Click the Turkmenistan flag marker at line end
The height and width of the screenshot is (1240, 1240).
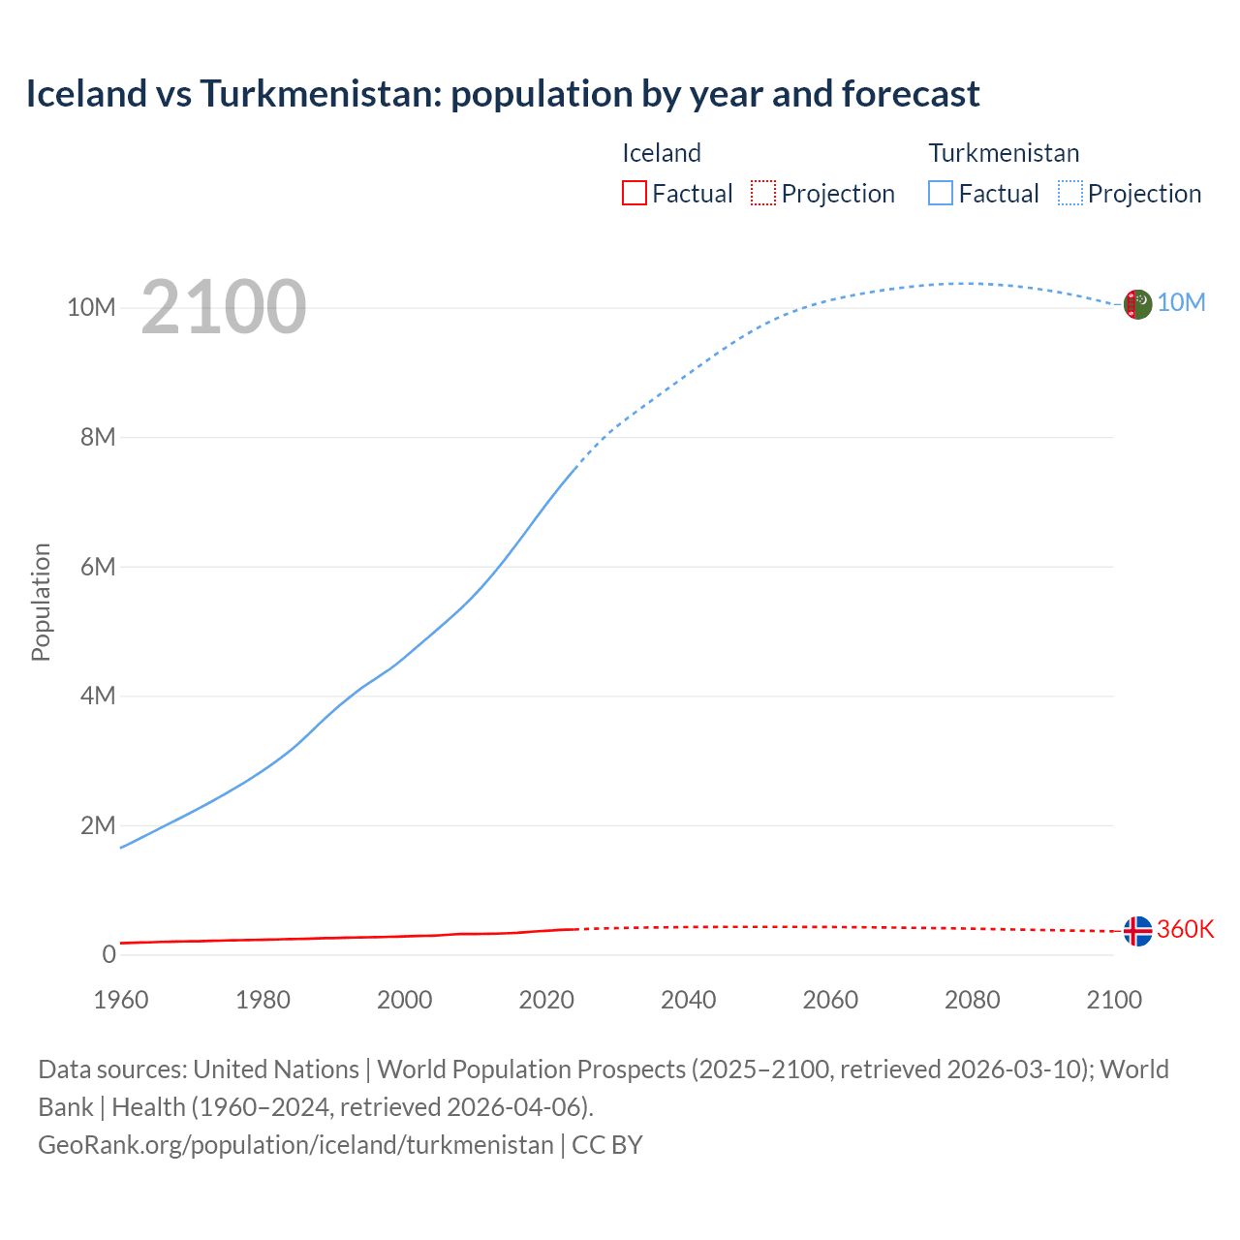pyautogui.click(x=1137, y=304)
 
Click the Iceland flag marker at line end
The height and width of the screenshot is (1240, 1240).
pyautogui.click(x=1137, y=931)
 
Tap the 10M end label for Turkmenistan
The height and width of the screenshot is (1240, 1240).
pyautogui.click(x=1181, y=303)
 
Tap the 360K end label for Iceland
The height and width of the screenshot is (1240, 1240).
pyautogui.click(x=1185, y=930)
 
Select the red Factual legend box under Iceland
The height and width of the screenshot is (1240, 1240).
pyautogui.click(x=634, y=194)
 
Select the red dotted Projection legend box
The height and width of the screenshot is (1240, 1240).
pyautogui.click(x=763, y=194)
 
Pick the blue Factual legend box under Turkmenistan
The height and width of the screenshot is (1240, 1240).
pyautogui.click(x=941, y=194)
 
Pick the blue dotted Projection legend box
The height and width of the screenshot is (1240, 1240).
pyautogui.click(x=1070, y=194)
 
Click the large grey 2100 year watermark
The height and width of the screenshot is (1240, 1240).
pyautogui.click(x=223, y=308)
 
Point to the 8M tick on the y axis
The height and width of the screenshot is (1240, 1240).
pyautogui.click(x=98, y=437)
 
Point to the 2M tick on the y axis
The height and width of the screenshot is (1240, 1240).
pyautogui.click(x=98, y=825)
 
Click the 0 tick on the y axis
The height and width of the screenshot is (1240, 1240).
pyautogui.click(x=108, y=955)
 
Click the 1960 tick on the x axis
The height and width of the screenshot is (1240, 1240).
pyautogui.click(x=121, y=1000)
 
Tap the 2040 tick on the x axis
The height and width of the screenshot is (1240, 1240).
pyautogui.click(x=688, y=1000)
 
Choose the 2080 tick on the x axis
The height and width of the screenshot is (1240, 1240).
pyautogui.click(x=972, y=1000)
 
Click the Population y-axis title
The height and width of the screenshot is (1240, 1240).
pyautogui.click(x=41, y=602)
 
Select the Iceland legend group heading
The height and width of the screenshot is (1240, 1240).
pyautogui.click(x=661, y=153)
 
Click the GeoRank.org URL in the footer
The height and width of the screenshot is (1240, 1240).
pyautogui.click(x=295, y=1145)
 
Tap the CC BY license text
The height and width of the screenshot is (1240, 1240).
pyautogui.click(x=607, y=1145)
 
